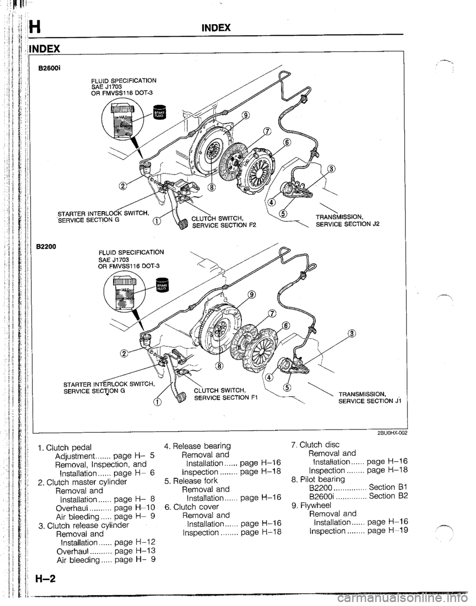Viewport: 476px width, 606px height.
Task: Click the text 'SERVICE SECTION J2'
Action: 356,224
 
